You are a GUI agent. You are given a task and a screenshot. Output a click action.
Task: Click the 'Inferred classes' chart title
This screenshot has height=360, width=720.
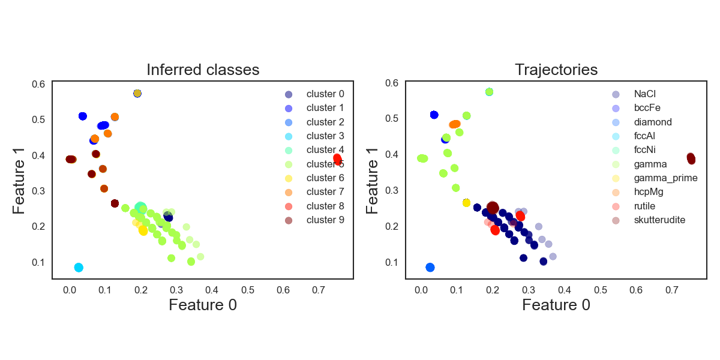[203, 70]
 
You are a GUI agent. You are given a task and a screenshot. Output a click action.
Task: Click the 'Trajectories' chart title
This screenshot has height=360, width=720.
[556, 70]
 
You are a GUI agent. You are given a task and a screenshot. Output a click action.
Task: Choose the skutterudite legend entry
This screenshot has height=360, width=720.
[659, 220]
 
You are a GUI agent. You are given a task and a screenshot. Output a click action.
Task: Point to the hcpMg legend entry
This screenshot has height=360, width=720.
[649, 192]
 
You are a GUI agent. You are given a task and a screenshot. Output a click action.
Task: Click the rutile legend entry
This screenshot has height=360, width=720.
[644, 206]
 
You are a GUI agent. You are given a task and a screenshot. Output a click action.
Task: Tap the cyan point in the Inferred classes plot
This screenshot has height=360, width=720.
[79, 268]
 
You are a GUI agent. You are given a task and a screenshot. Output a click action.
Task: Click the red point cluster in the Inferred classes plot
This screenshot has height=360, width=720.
[337, 159]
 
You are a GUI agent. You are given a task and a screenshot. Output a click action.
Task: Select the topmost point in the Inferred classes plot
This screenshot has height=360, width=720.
[137, 93]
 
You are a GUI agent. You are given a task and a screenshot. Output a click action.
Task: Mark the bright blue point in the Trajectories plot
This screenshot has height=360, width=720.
[430, 268]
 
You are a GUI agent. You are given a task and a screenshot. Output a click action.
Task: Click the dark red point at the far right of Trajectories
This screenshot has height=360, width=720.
[691, 158]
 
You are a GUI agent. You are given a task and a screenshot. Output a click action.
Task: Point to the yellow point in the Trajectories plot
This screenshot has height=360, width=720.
[466, 203]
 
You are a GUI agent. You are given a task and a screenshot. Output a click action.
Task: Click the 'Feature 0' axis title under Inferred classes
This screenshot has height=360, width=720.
[203, 305]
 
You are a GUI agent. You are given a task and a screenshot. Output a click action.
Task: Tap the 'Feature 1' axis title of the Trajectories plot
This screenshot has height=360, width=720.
[373, 179]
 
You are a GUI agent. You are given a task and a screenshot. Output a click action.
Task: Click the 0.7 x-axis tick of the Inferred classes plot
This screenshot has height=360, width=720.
[318, 289]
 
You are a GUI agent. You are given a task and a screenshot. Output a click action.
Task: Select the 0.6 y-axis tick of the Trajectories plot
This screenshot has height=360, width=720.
[392, 83]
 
